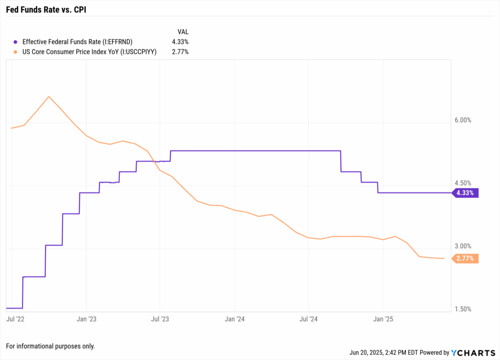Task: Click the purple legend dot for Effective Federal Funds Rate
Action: (16, 42)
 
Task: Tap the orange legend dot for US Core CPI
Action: (16, 52)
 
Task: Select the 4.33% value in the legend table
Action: (179, 42)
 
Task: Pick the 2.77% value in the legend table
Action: (179, 52)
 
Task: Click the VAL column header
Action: (183, 32)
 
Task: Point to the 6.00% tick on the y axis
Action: (462, 120)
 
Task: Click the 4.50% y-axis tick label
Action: (462, 183)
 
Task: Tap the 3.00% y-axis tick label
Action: (462, 246)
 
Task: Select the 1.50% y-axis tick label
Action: (462, 309)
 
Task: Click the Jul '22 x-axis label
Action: (17, 319)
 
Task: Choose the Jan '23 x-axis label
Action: (86, 319)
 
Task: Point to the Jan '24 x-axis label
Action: (234, 319)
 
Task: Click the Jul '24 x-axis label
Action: (309, 319)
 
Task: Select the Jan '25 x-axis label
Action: (383, 319)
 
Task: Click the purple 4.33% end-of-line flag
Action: (465, 193)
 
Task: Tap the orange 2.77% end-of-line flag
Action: (465, 258)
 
